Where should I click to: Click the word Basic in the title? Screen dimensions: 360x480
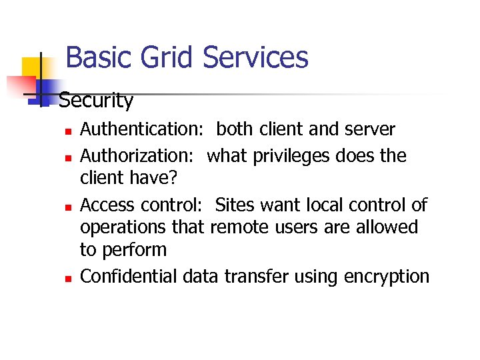click(96, 57)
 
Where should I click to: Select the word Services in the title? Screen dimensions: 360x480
click(255, 57)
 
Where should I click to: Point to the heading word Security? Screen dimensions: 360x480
click(96, 101)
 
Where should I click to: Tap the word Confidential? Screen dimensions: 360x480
click(129, 276)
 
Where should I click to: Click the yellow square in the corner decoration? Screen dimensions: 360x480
click(32, 67)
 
